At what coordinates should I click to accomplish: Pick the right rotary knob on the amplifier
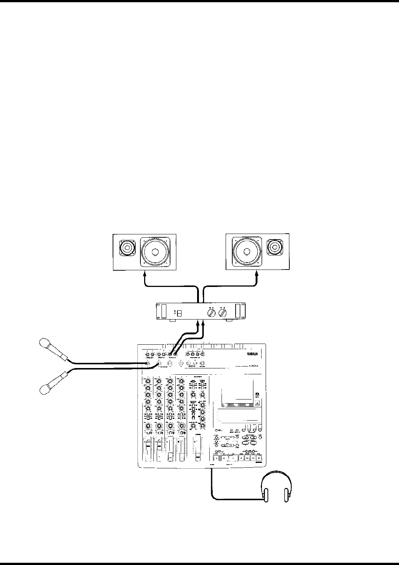[x=223, y=313]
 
